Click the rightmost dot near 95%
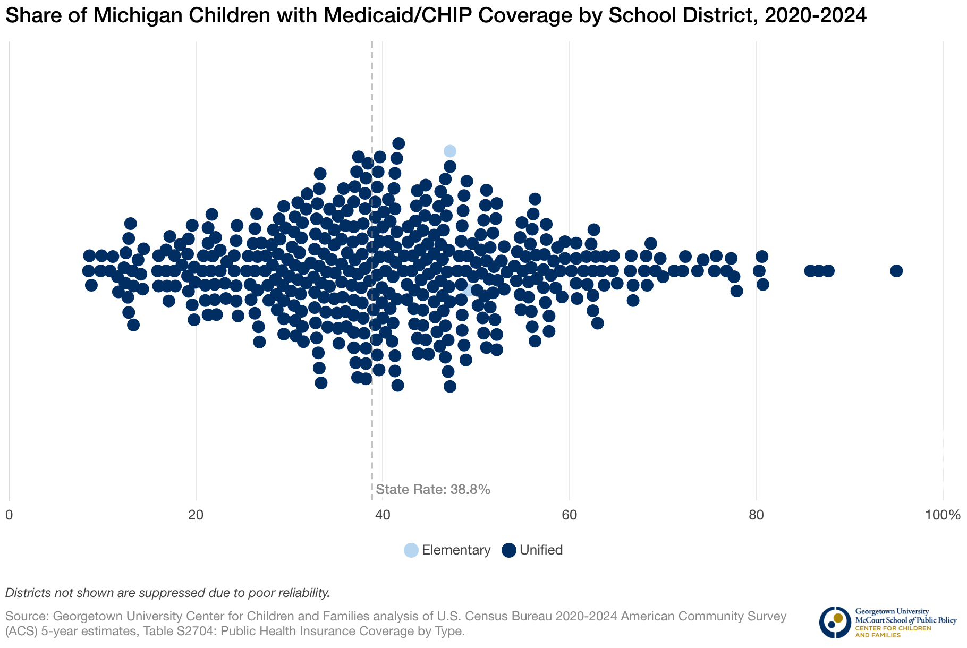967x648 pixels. (896, 271)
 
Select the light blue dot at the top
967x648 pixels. (450, 151)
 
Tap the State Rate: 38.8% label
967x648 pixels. (432, 489)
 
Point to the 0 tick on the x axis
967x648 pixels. (9, 515)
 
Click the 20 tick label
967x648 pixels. (196, 515)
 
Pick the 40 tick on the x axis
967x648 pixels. (383, 515)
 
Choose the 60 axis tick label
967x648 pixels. (570, 515)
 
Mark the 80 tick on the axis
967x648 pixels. (756, 515)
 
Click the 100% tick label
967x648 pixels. (943, 515)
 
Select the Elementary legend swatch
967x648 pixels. (411, 550)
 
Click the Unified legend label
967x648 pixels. (541, 550)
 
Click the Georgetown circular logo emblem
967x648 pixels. (835, 622)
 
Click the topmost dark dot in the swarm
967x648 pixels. (398, 143)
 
